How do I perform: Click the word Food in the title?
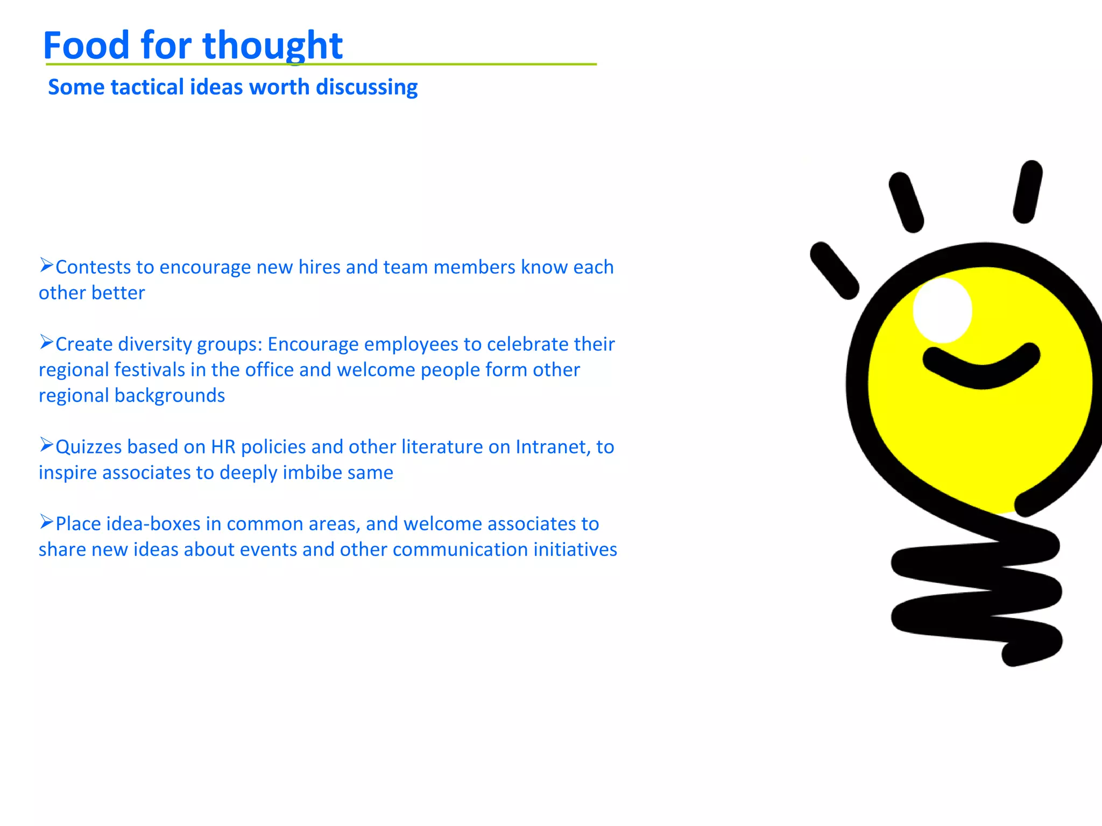point(86,45)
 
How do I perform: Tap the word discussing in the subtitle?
point(366,88)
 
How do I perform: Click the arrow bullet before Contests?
point(46,265)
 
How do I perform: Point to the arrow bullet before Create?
point(46,342)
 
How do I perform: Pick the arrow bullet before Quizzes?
point(46,445)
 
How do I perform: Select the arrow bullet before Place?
point(46,522)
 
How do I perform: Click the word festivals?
point(150,370)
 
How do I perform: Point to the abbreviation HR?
point(223,447)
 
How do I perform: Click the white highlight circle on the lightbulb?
point(942,310)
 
